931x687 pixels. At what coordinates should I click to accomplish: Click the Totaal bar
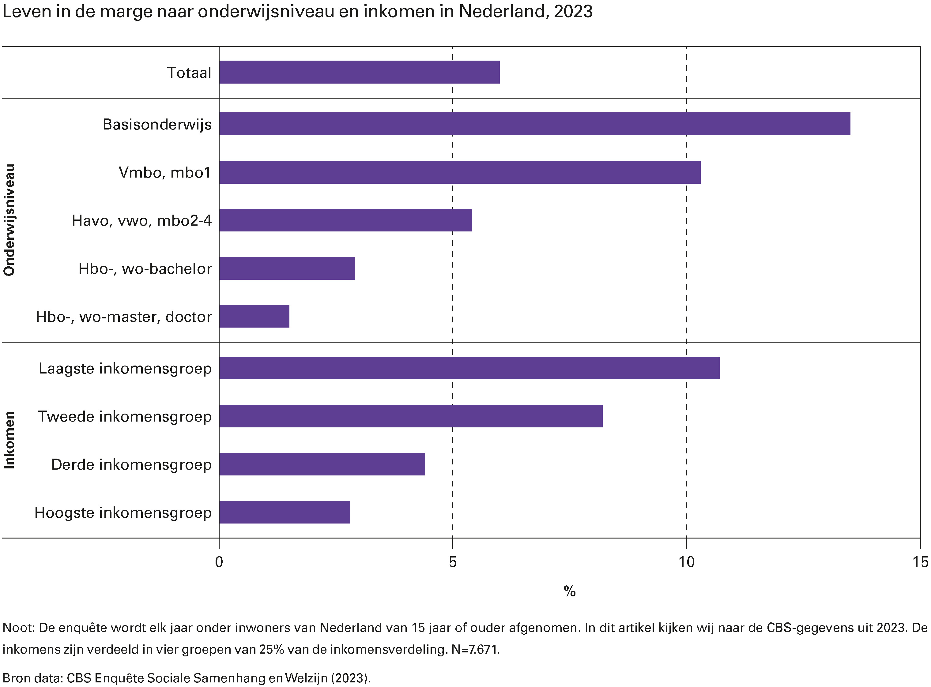[x=359, y=72]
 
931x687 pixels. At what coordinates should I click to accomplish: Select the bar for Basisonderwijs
[x=534, y=124]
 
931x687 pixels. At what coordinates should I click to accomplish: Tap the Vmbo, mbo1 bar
[x=460, y=172]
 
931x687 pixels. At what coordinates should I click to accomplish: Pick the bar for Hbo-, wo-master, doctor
[x=254, y=317]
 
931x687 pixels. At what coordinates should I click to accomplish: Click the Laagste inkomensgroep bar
[x=469, y=368]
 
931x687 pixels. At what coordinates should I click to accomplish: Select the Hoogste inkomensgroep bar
[x=285, y=512]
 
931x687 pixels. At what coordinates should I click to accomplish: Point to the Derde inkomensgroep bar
[x=322, y=464]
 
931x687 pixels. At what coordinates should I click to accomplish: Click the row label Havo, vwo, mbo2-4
[x=141, y=220]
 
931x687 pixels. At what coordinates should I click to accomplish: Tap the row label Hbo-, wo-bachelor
[x=145, y=268]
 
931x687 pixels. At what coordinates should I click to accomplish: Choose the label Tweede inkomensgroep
[x=125, y=416]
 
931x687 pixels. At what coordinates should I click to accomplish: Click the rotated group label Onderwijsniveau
[x=9, y=220]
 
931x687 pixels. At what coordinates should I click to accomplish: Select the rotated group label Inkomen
[x=9, y=440]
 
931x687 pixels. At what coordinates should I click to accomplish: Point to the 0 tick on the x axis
[x=219, y=562]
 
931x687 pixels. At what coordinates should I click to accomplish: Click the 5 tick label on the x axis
[x=453, y=562]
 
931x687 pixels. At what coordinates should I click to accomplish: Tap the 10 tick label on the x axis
[x=686, y=562]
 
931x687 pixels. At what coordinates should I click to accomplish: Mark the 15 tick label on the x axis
[x=920, y=562]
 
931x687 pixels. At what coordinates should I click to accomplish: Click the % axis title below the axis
[x=570, y=591]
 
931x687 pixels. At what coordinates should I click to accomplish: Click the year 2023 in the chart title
[x=573, y=12]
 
